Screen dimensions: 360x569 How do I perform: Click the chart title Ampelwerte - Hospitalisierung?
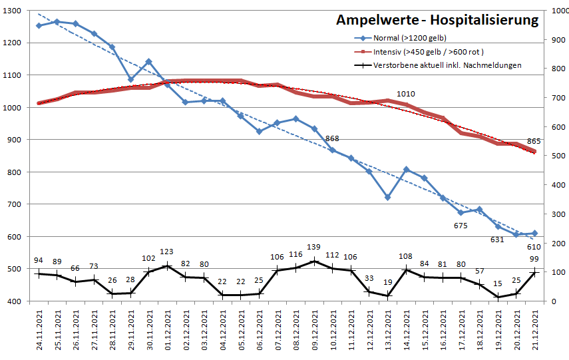pos(437,20)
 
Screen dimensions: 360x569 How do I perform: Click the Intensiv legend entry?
pos(427,52)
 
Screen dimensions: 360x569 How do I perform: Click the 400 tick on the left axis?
pos(14,301)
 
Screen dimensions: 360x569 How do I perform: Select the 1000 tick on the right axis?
pos(556,11)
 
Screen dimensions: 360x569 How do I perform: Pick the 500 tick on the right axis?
pos(554,156)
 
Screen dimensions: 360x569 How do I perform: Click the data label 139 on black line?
pos(313,248)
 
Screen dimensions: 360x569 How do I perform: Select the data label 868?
pos(332,138)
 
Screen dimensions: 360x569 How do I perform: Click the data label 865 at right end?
pos(534,141)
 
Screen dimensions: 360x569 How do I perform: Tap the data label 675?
pos(461,226)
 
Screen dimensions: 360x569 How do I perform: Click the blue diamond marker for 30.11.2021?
pos(148,62)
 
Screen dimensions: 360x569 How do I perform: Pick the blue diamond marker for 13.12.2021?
pos(388,197)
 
